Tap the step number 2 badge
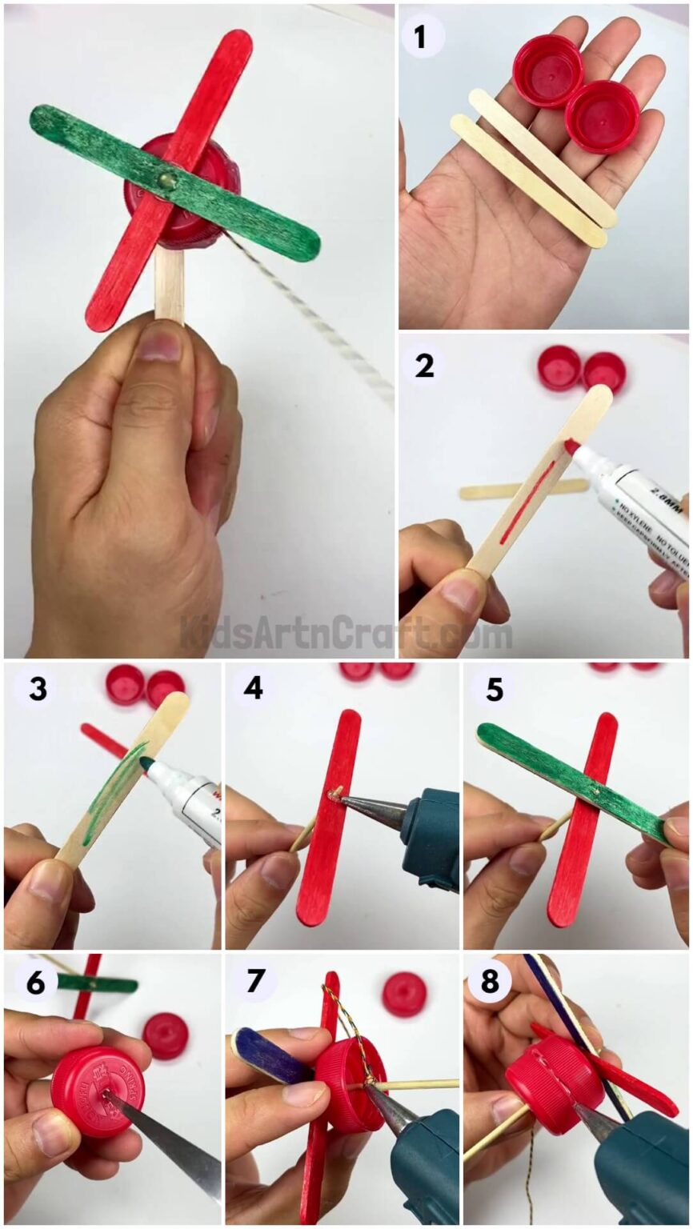(424, 366)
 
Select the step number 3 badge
(37, 688)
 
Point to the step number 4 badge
(253, 687)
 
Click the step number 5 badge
(494, 688)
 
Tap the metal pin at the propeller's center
(167, 182)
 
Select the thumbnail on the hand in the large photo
(162, 344)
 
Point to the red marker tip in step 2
(571, 446)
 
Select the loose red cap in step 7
(404, 994)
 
